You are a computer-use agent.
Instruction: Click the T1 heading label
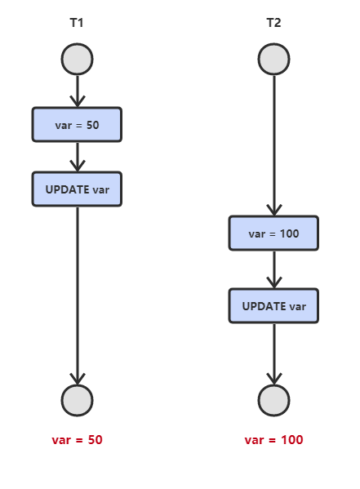[77, 23]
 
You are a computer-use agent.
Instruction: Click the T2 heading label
[273, 23]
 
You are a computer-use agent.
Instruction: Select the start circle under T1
[77, 59]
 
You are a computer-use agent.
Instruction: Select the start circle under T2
[274, 59]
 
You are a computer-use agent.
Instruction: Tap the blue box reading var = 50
[77, 124]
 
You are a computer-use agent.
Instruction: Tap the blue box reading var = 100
[273, 233]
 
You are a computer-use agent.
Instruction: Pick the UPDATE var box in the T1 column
[77, 189]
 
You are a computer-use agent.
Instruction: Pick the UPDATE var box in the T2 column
[273, 306]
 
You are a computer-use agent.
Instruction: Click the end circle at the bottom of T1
[77, 401]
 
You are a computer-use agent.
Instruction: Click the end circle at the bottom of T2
[274, 401]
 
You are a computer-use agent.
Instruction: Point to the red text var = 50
[77, 440]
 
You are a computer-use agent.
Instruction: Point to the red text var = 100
[273, 440]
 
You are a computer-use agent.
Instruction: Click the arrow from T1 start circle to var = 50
[78, 91]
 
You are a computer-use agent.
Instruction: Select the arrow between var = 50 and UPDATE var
[78, 157]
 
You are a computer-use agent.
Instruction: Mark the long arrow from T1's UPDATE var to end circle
[78, 296]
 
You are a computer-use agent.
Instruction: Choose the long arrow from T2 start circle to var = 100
[274, 145]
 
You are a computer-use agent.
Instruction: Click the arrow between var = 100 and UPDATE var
[274, 269]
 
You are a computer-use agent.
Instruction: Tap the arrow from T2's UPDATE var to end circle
[274, 354]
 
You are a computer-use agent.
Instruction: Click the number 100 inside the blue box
[290, 233]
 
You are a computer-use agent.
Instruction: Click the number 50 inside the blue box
[92, 125]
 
